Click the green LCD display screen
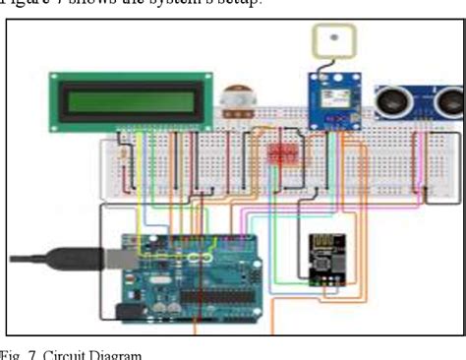133,100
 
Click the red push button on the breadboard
283,154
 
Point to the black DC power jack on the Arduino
129,313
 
